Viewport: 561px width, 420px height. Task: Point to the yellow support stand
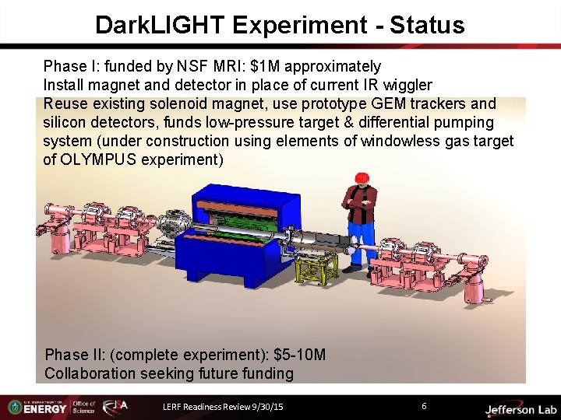point(316,269)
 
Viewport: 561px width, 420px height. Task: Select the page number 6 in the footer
point(424,406)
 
